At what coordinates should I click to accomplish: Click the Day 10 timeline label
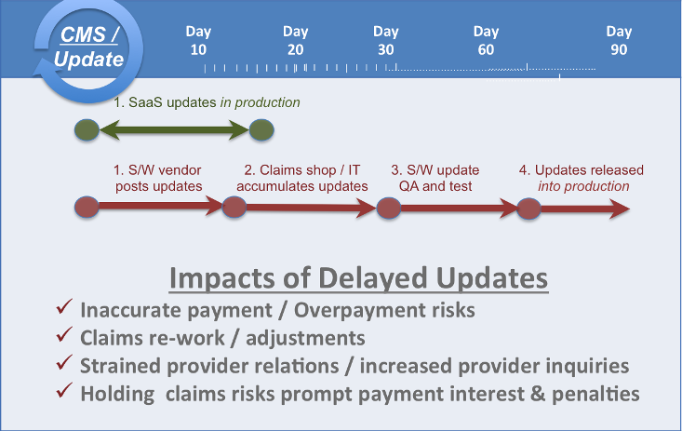pos(198,40)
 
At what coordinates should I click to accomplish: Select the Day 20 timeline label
pos(295,40)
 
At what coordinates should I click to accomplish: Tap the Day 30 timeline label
pos(386,40)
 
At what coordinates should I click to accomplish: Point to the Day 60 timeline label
pos(486,40)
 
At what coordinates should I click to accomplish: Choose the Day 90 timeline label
pos(619,40)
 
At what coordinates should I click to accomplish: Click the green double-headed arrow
pos(174,130)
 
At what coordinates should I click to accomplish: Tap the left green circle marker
pos(87,130)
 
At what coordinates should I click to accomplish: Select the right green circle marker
pos(261,130)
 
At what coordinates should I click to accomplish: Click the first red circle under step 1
pos(87,207)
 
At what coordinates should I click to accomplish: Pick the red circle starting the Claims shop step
pos(234,207)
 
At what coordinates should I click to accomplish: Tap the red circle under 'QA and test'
pos(388,209)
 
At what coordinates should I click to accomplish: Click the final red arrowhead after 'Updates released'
pos(620,209)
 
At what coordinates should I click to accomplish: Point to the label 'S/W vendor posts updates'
pos(158,178)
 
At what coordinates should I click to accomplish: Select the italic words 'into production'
pos(583,186)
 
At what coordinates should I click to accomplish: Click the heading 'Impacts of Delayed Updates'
pos(358,278)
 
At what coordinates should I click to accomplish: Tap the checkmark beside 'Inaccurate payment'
pos(63,306)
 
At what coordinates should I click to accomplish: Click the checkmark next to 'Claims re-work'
pos(63,334)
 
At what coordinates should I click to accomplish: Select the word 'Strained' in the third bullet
pos(120,366)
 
